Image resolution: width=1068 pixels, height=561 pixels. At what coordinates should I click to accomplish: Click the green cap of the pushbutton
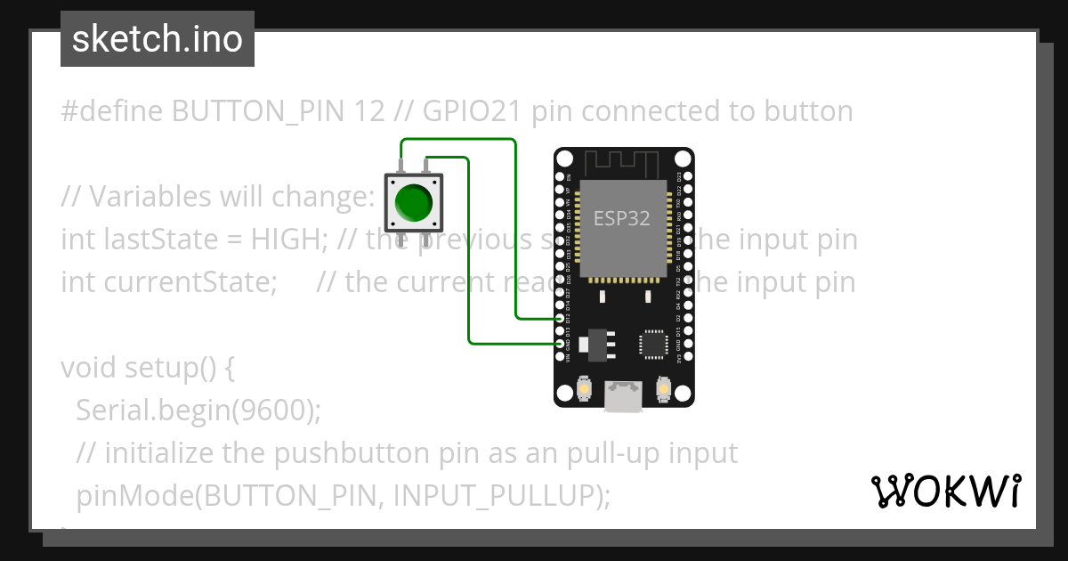[412, 202]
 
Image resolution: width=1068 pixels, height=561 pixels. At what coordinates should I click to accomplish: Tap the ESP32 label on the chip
[622, 218]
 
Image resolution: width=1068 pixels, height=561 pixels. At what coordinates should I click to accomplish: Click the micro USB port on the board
[623, 396]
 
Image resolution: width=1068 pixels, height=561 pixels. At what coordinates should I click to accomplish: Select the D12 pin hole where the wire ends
[561, 318]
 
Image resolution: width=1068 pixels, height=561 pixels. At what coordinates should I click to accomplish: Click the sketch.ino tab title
[158, 39]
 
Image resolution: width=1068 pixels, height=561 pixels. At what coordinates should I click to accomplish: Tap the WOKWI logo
[946, 492]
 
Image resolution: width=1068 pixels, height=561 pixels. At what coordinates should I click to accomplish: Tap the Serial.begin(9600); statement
[198, 411]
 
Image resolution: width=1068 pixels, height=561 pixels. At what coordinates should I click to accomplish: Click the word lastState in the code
[157, 240]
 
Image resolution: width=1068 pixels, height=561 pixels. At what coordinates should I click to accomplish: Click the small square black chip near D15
[654, 344]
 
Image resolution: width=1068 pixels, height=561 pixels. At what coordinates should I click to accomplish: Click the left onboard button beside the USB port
[585, 389]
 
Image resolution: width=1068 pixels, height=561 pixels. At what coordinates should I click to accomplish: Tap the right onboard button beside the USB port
[662, 389]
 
